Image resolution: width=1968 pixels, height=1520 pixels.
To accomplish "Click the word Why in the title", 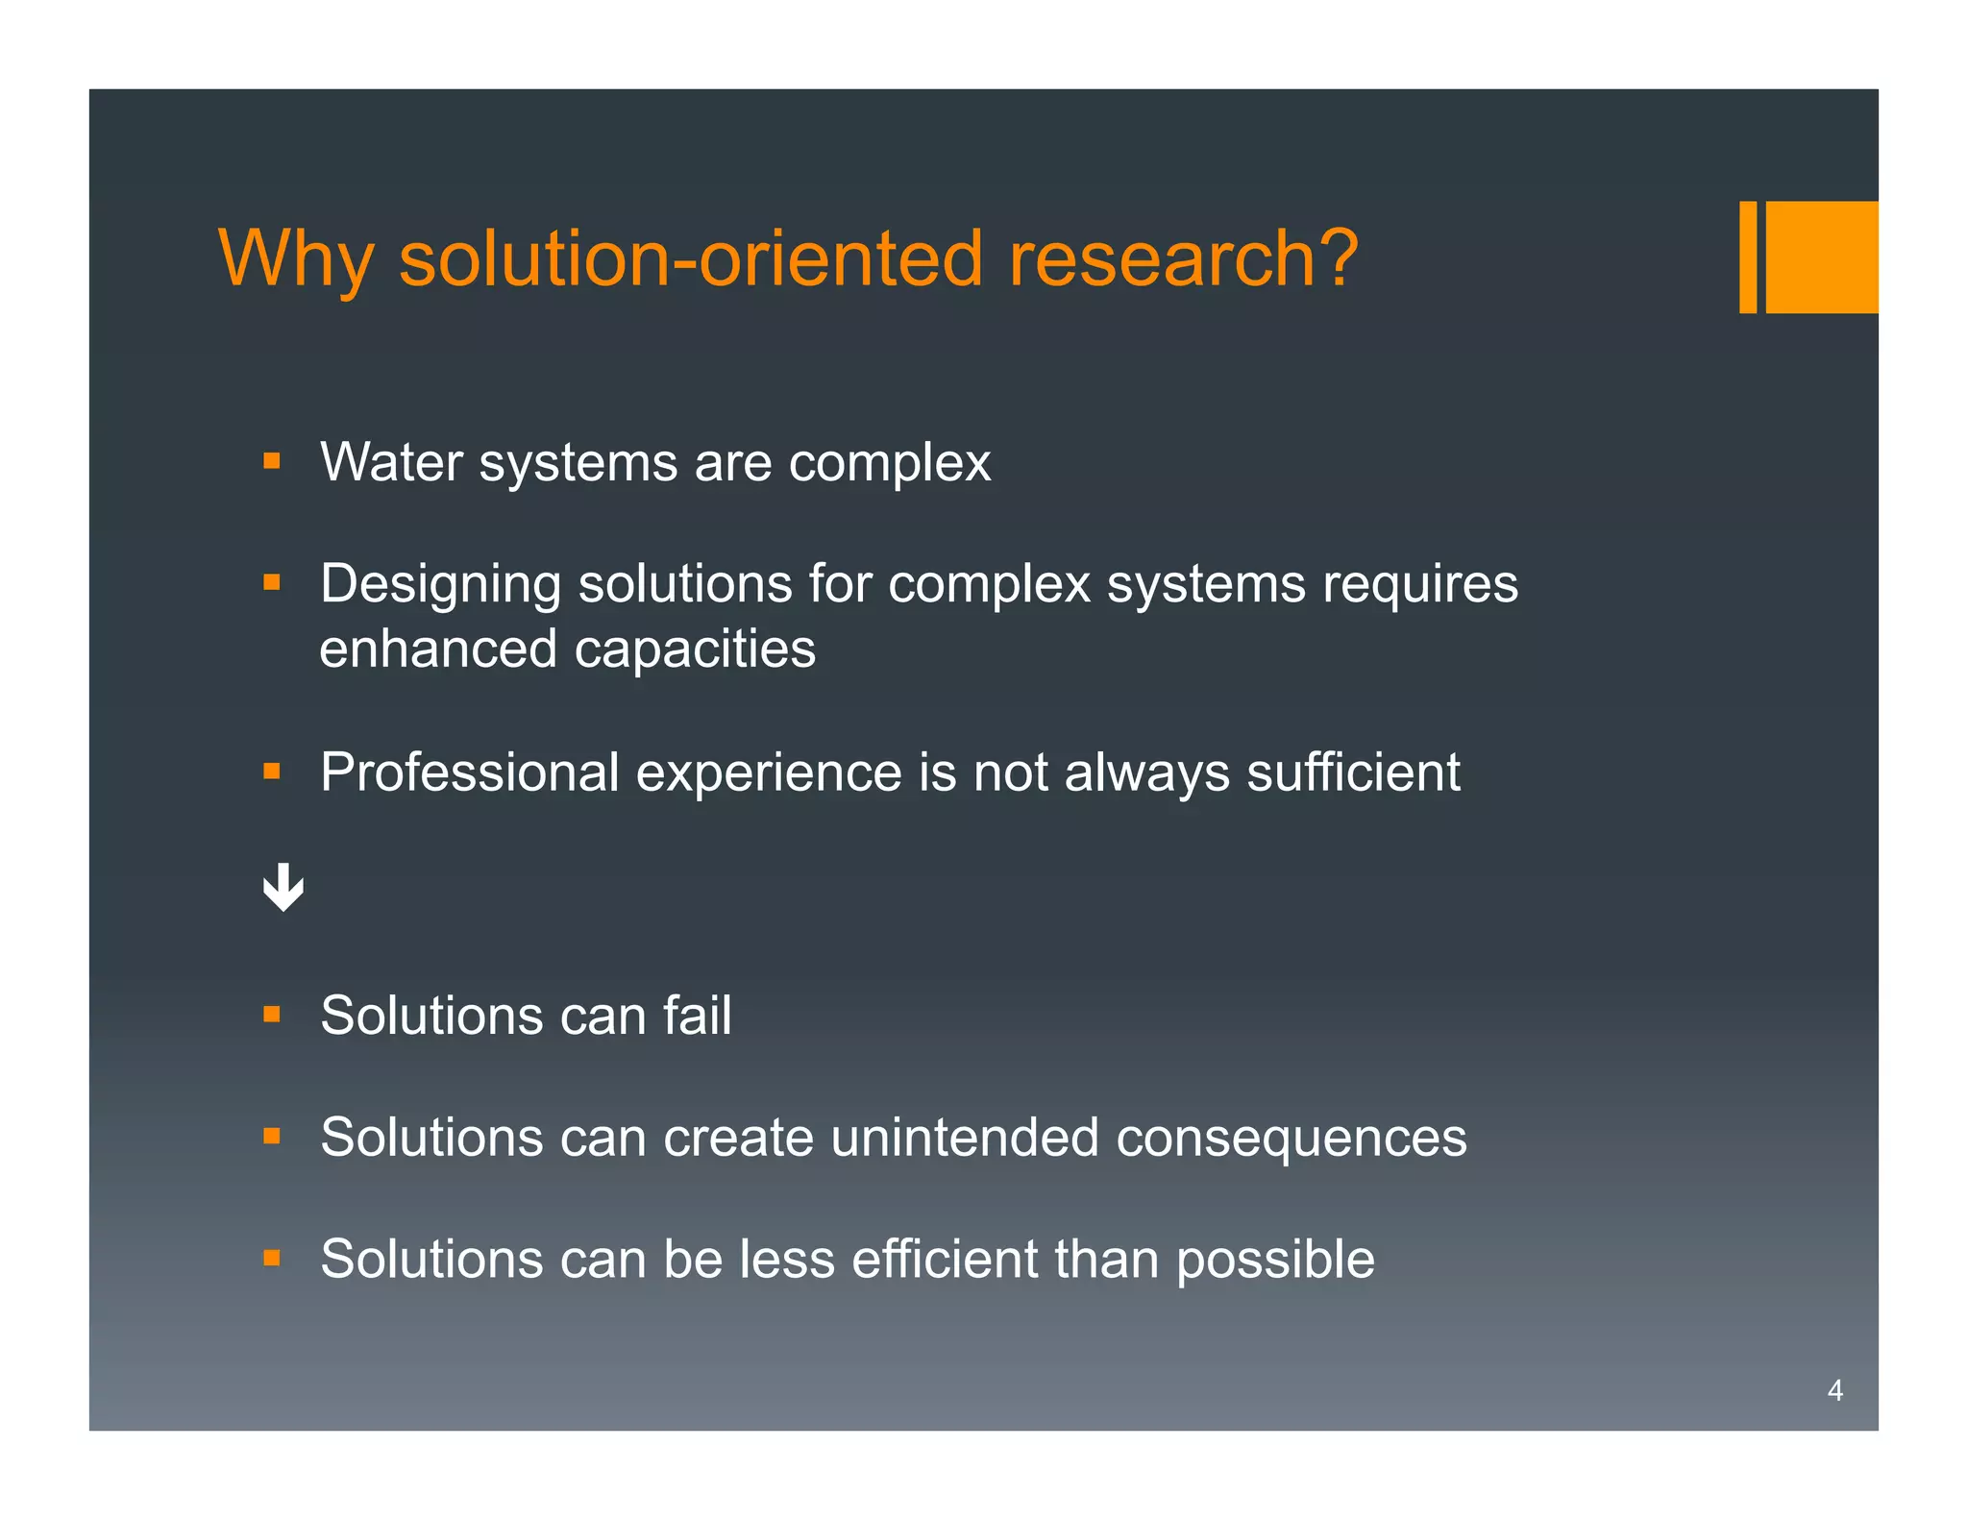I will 294,260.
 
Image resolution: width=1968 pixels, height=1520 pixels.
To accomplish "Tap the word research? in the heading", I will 1182,259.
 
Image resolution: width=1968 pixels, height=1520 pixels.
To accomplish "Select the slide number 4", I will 1834,1390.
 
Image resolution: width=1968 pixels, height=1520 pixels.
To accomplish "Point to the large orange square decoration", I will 1821,257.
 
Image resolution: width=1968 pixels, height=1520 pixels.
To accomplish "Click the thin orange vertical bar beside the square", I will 1747,257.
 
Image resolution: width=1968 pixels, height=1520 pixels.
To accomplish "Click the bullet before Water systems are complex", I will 272,461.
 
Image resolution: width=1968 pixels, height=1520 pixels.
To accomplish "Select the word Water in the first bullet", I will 391,462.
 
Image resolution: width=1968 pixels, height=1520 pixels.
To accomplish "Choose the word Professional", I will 469,772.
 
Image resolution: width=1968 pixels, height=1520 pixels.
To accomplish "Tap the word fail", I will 697,1016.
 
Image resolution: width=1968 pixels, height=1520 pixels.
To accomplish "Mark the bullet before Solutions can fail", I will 272,1015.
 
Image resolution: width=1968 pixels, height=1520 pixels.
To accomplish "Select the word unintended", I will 964,1138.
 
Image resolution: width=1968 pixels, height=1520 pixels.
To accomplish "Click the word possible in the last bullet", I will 1275,1261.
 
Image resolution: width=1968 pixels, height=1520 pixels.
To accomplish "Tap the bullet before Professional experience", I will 272,771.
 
